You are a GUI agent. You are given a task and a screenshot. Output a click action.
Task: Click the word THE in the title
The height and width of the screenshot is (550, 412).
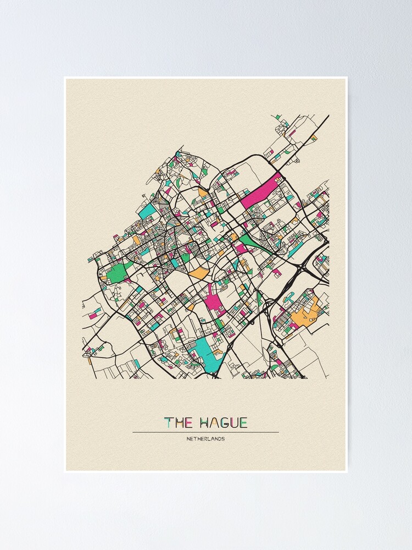[178, 422]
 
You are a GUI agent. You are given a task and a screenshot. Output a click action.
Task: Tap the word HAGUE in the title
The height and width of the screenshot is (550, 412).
[224, 422]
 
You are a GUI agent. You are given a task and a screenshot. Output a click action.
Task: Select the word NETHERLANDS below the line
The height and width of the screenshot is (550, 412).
[205, 439]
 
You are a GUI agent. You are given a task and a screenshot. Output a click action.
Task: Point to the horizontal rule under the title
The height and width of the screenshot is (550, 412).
[205, 432]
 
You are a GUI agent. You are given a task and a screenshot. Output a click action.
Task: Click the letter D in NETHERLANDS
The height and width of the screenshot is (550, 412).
[218, 439]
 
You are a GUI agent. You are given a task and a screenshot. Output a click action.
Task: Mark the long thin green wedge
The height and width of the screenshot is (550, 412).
[255, 244]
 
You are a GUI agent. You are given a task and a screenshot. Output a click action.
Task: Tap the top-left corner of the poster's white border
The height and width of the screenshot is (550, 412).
[65, 78]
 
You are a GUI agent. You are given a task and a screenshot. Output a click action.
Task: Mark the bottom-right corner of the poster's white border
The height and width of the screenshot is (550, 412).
[347, 472]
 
